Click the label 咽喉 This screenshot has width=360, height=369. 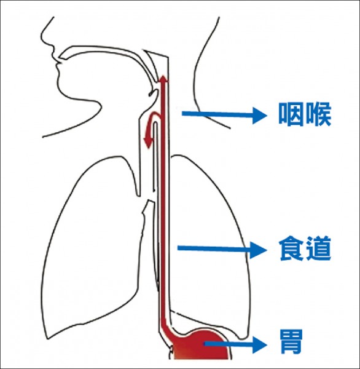305,114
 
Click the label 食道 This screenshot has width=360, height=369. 305,248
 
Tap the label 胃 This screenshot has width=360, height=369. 291,341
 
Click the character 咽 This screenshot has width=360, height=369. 291,114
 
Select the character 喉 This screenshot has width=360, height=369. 318,114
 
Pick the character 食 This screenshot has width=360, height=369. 292,248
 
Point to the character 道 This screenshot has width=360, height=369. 318,248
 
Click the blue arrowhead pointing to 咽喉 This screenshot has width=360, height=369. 260,116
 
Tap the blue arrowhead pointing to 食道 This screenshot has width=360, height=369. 258,250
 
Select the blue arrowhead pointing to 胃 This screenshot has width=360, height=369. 260,344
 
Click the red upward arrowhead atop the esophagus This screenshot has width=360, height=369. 163,79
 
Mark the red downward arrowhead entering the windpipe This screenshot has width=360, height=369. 148,143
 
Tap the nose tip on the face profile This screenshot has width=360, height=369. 41,36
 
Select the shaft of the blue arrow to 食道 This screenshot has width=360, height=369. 214,248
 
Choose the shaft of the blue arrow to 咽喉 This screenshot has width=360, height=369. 217,114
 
